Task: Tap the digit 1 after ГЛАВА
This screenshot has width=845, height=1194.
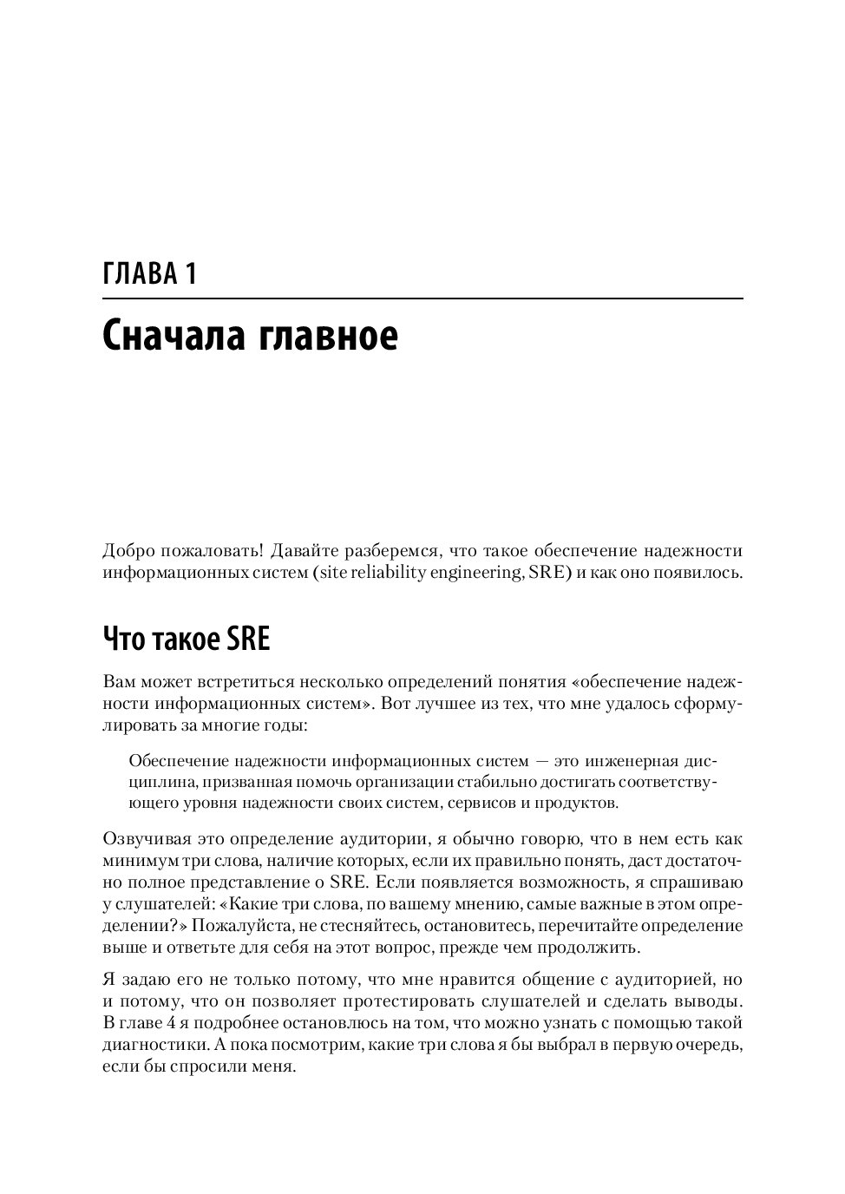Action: pyautogui.click(x=190, y=274)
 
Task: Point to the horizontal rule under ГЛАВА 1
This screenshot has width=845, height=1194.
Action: pyautogui.click(x=422, y=299)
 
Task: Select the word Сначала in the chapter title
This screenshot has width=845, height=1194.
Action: pyautogui.click(x=173, y=336)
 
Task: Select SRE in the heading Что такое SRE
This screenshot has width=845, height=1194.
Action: pyautogui.click(x=248, y=640)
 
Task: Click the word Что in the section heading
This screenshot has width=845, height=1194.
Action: pyautogui.click(x=124, y=640)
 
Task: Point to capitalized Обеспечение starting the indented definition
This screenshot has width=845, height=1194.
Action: pyautogui.click(x=180, y=761)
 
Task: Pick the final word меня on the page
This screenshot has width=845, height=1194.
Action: pyautogui.click(x=277, y=1066)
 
